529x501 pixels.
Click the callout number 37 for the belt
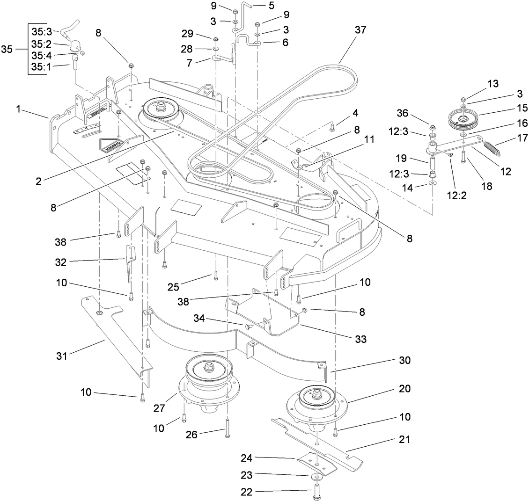coord(360,29)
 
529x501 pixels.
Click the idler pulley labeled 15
coord(462,118)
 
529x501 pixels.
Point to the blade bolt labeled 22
coord(317,492)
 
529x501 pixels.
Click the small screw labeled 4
coord(332,125)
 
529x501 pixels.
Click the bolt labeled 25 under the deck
coord(215,275)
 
